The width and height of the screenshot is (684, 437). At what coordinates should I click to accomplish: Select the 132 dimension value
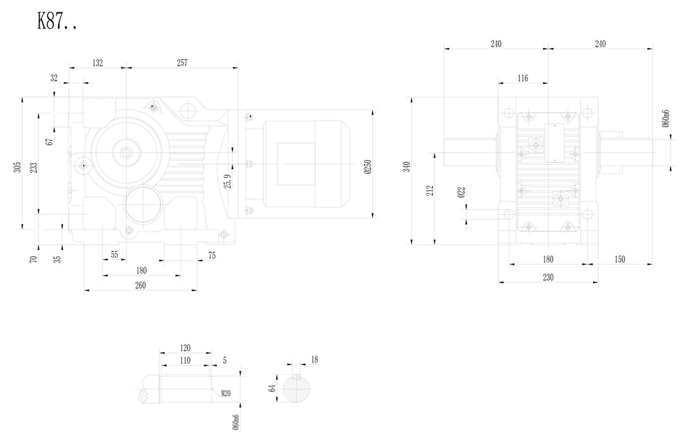click(97, 63)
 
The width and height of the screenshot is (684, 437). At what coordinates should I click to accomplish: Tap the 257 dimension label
click(182, 63)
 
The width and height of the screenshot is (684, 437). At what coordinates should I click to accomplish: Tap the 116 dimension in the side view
click(523, 79)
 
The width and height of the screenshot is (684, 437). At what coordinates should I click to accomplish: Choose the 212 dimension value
click(430, 191)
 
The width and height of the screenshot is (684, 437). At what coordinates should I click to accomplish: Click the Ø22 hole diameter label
click(462, 194)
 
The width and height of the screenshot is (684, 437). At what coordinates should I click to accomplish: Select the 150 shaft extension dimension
click(620, 259)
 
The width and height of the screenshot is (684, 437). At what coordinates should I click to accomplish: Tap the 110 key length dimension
click(185, 360)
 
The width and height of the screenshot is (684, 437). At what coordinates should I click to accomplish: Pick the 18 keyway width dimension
click(314, 359)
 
